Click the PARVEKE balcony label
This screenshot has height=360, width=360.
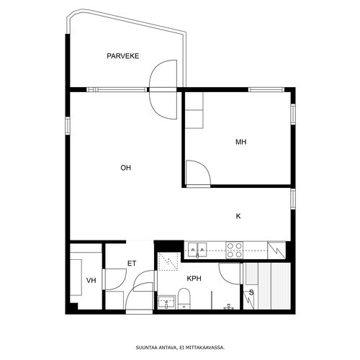pos(123,56)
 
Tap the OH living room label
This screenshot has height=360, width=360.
pos(126,168)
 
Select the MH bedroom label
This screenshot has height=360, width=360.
pos(241,142)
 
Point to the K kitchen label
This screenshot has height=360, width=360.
pos(238,216)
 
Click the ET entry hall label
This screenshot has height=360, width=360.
pos(132,264)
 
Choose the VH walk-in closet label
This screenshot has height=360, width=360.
pos(91,280)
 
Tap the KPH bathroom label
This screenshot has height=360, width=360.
pos(194,279)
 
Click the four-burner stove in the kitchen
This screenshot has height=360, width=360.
pos(235,250)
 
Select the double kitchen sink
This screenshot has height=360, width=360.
pos(197,250)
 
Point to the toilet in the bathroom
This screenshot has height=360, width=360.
pos(184,299)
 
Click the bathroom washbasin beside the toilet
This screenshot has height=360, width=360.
pos(166,302)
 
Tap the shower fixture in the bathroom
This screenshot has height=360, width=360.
pos(228,307)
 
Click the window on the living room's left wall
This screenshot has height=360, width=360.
pos(68,126)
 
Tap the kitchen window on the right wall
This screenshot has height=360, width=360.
pos(293,199)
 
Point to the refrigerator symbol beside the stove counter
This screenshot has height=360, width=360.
pos(276,250)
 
